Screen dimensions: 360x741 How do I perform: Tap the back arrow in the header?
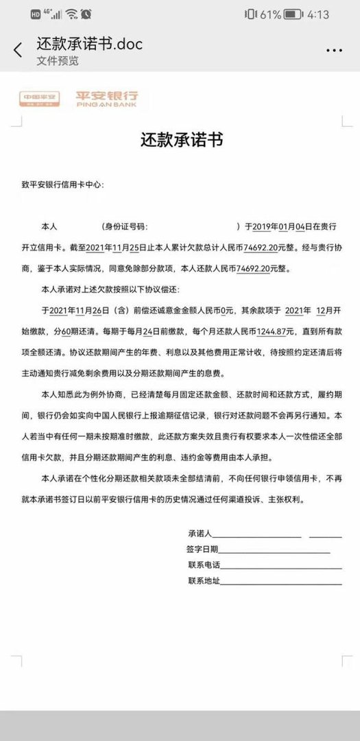click(18, 50)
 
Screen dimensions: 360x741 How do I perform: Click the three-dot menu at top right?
click(334, 50)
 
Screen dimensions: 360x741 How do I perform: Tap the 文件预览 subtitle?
click(58, 61)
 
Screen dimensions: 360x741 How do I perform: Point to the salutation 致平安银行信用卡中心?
click(63, 185)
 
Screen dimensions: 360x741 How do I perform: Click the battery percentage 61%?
click(270, 14)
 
